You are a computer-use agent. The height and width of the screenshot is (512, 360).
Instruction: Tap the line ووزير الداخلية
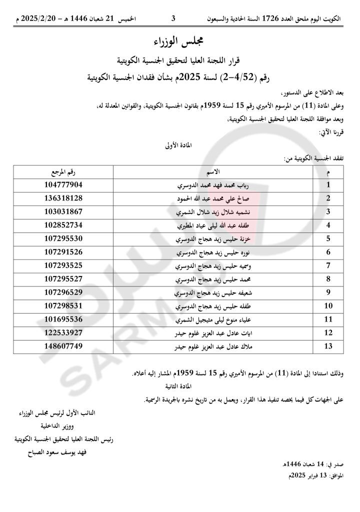tap(62, 426)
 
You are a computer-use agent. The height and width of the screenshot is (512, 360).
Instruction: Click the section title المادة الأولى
tap(177, 146)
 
